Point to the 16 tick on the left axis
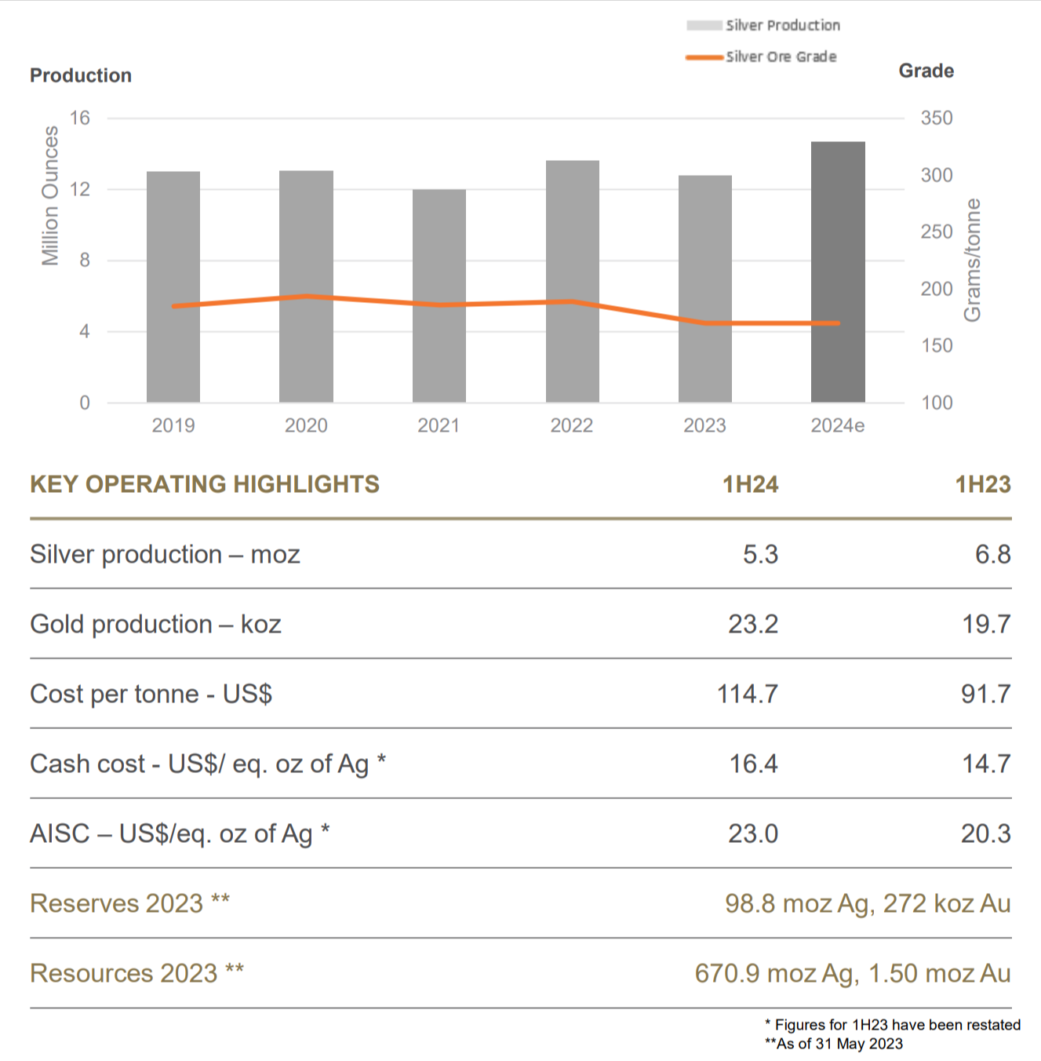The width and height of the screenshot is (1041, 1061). [80, 118]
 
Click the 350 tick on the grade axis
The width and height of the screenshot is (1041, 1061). [937, 118]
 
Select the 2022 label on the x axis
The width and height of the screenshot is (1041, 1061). [572, 425]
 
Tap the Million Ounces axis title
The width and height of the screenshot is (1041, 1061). [50, 195]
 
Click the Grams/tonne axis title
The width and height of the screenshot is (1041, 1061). [972, 260]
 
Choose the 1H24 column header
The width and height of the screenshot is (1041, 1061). [750, 484]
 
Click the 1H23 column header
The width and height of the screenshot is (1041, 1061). [982, 484]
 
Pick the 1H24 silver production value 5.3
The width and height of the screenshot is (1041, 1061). [760, 554]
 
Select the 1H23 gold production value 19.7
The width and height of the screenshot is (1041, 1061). [986, 624]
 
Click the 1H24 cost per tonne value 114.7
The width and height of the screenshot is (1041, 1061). [747, 694]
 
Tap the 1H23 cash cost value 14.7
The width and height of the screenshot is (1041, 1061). [986, 764]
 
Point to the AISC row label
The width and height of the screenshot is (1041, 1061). [180, 833]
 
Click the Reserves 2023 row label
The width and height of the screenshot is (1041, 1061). [130, 903]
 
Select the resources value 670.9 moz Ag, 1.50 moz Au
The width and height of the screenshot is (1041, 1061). [852, 973]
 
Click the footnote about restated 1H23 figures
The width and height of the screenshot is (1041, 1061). [893, 1025]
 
